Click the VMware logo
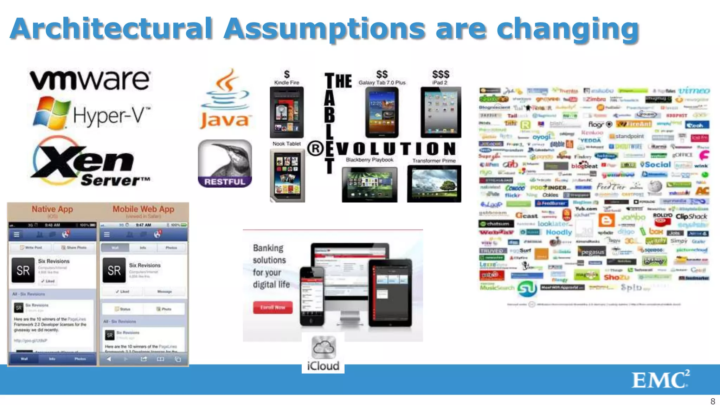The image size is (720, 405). click(90, 80)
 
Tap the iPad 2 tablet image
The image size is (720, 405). click(441, 112)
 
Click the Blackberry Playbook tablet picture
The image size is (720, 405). click(369, 184)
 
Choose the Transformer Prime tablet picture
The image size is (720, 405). click(434, 184)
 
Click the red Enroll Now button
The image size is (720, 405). click(273, 307)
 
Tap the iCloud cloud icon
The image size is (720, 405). click(323, 347)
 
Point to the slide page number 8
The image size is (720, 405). click(713, 401)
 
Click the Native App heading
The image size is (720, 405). click(52, 209)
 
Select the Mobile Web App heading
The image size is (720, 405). click(143, 209)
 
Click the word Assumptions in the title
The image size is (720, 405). click(324, 29)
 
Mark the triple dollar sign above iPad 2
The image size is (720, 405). click(441, 74)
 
